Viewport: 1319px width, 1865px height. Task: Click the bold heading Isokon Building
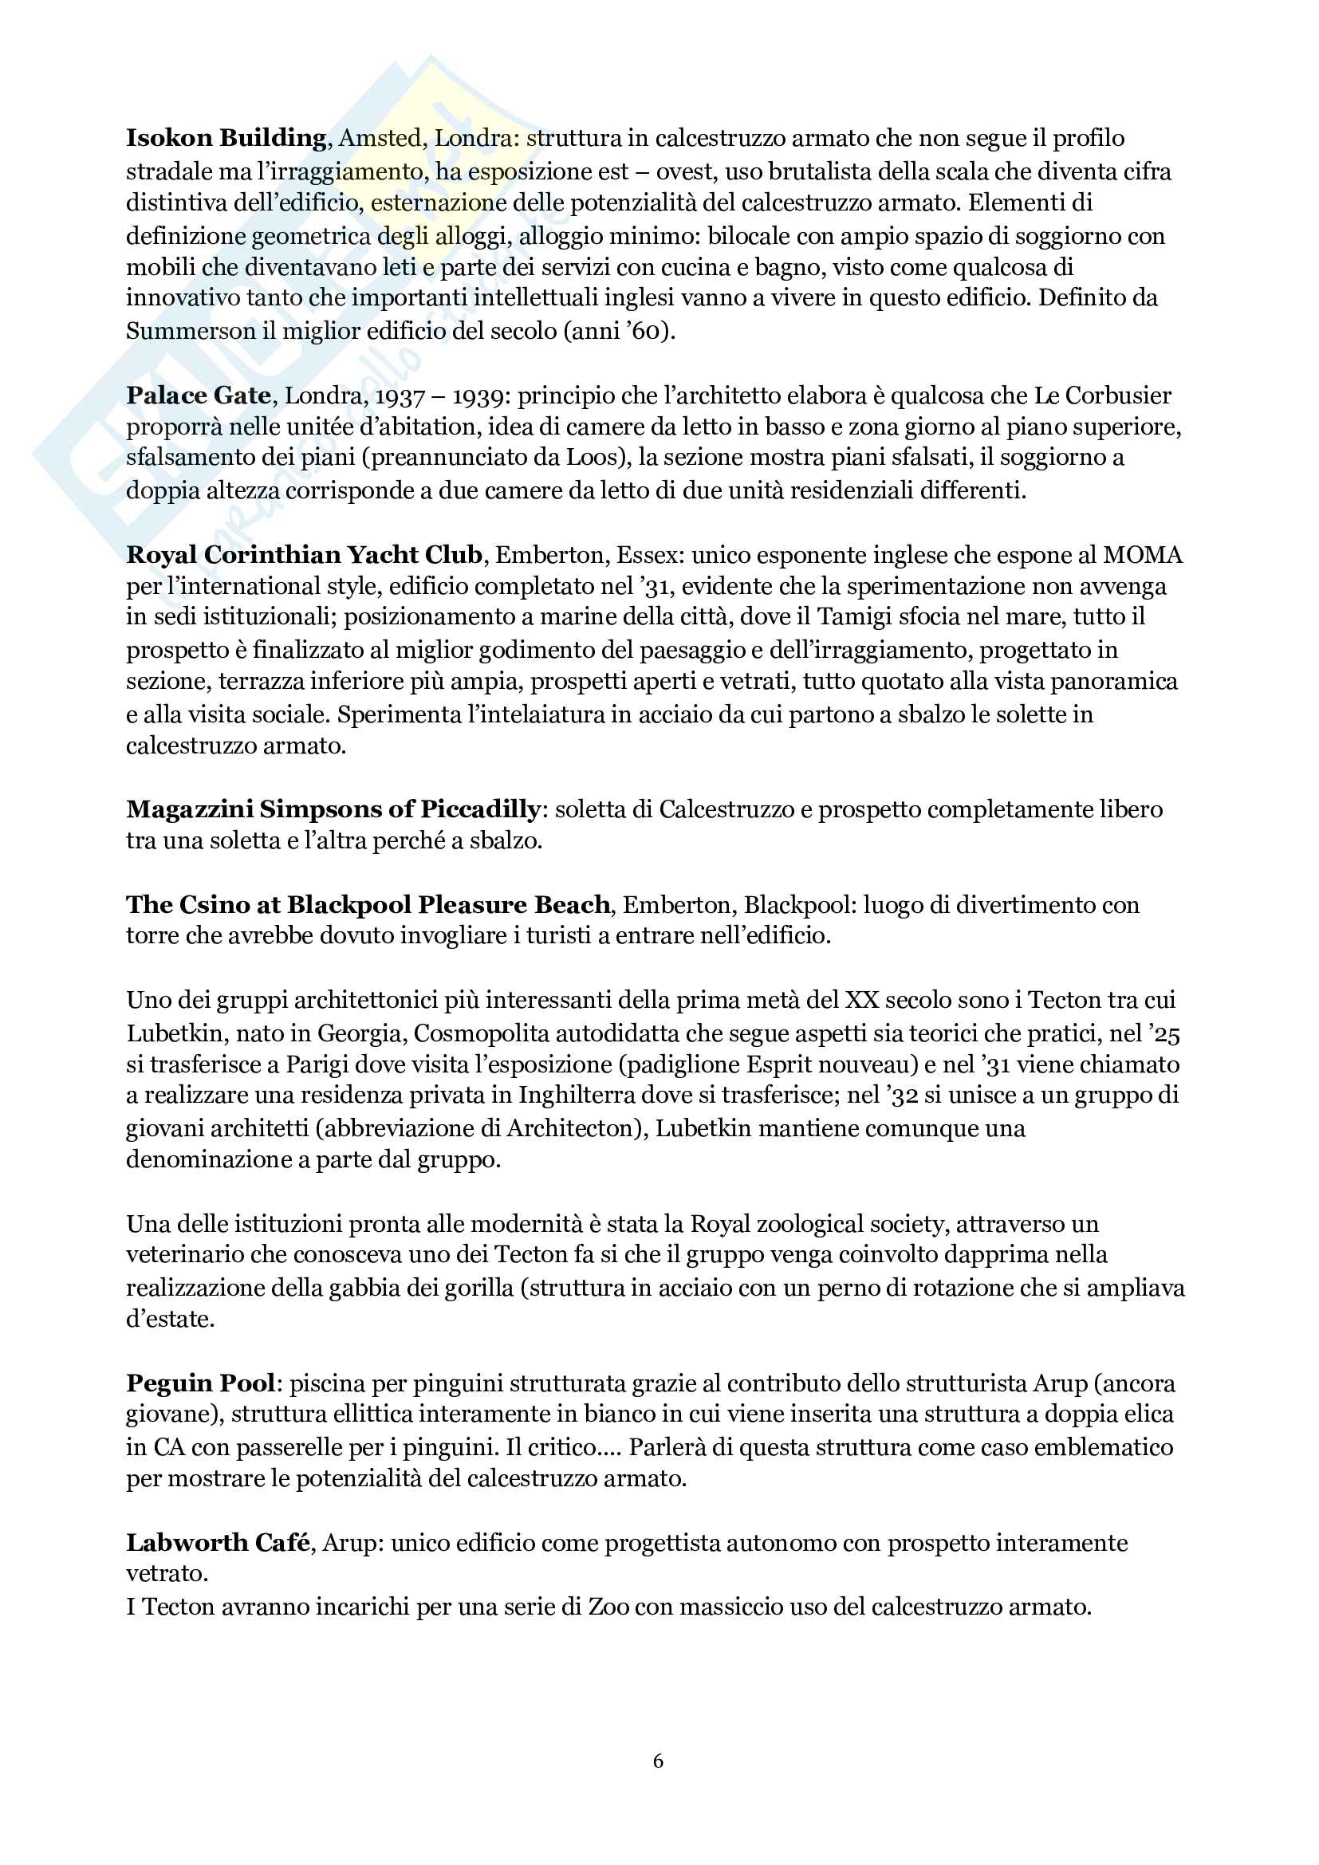(x=226, y=138)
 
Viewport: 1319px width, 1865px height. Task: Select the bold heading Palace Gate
(x=199, y=395)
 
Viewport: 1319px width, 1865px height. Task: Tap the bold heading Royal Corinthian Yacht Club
(x=305, y=555)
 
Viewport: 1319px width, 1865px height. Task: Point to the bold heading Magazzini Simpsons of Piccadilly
(x=333, y=809)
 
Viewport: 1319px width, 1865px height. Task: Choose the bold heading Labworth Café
(x=219, y=1542)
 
